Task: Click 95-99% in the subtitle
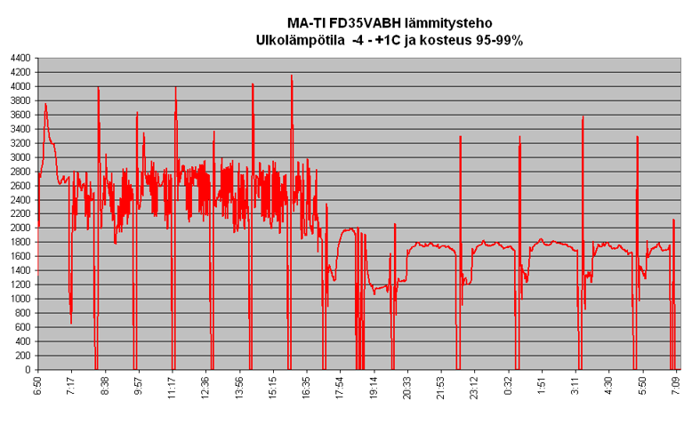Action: pyautogui.click(x=496, y=40)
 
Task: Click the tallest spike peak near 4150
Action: pyautogui.click(x=292, y=76)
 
